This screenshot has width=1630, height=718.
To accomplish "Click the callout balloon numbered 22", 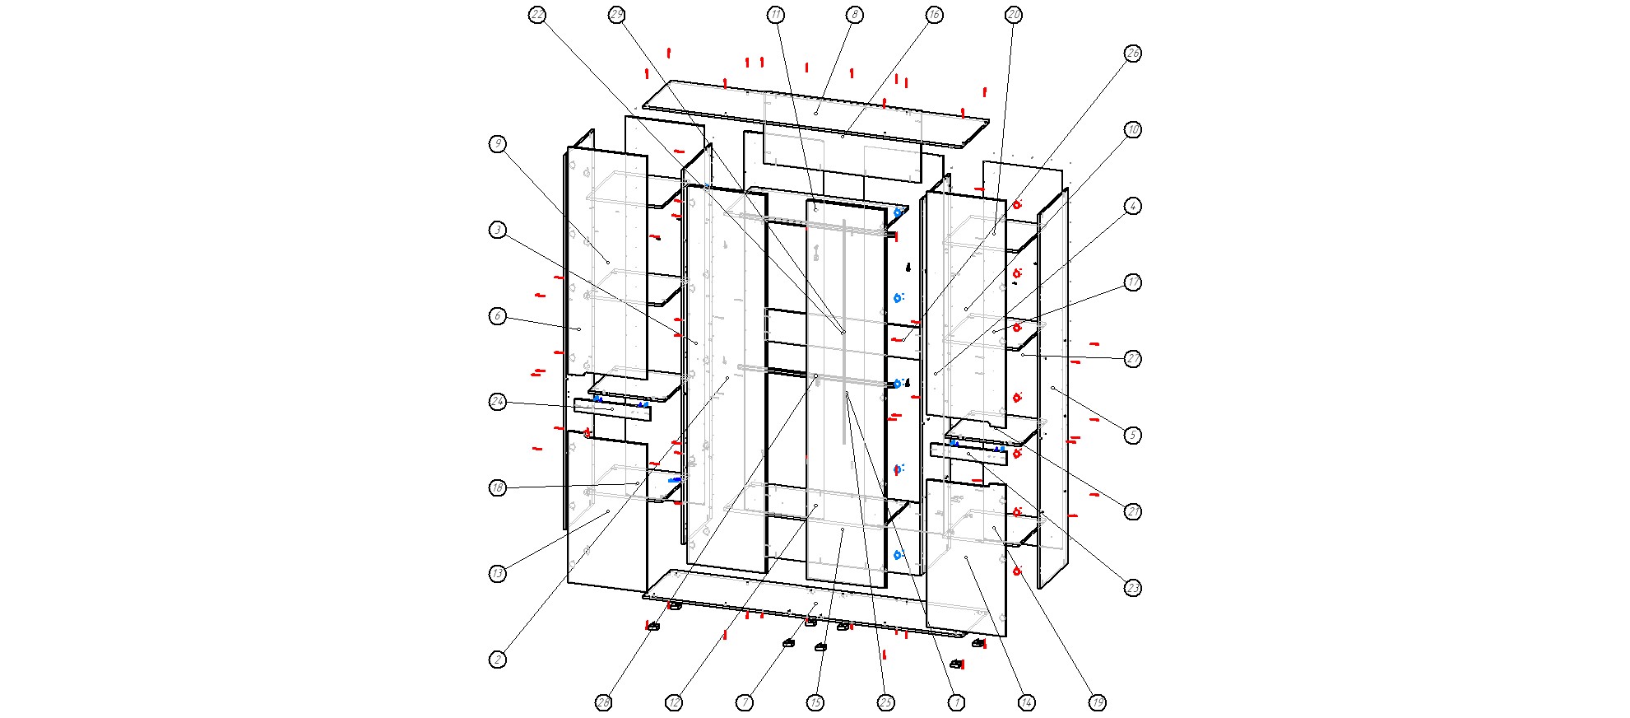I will click(537, 15).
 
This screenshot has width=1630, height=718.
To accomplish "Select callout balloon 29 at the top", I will click(617, 15).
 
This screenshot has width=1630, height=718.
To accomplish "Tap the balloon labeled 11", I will click(776, 15).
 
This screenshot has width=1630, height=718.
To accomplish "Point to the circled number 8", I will click(855, 15).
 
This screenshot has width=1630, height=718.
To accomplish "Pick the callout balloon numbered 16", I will click(934, 15).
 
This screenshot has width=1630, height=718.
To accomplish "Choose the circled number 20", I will click(1014, 15).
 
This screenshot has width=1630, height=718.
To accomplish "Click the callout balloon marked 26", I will click(1133, 54).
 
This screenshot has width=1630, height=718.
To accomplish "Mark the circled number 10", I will click(1133, 130).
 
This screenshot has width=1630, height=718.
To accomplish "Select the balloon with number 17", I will click(1133, 282).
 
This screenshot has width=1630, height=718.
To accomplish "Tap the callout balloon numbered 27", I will click(1133, 359).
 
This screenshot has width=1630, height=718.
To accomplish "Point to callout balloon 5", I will click(1133, 436).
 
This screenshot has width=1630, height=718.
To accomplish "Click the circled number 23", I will click(1133, 588).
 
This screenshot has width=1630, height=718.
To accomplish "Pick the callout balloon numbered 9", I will click(498, 144).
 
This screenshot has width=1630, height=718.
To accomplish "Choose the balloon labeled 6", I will click(498, 316).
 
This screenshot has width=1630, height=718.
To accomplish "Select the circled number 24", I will click(498, 402).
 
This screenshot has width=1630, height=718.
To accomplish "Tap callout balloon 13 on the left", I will click(498, 574).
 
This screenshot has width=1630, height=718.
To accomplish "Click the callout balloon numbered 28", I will click(604, 702).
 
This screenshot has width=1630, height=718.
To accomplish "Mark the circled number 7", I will click(745, 702).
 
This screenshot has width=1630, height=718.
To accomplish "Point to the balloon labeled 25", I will click(886, 702).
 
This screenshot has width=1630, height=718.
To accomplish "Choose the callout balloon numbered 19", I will click(1098, 702).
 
